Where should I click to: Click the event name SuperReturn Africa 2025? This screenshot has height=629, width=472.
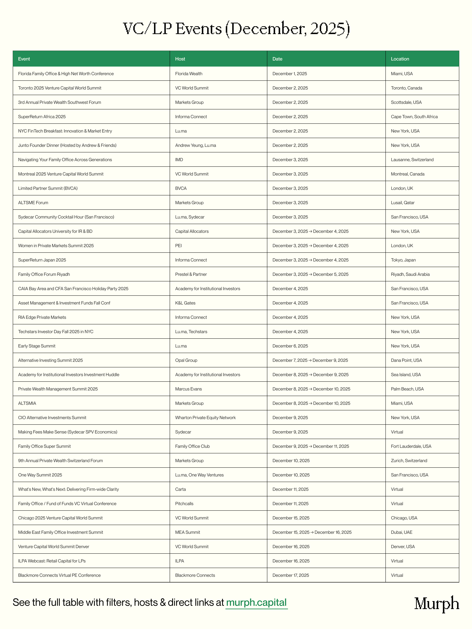pos(42,117)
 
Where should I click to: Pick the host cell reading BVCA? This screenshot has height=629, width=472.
pos(181,188)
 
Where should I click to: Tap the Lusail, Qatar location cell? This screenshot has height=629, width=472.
pos(403,202)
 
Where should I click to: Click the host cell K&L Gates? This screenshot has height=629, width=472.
pos(185,303)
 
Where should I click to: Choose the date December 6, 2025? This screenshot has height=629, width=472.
pos(290,346)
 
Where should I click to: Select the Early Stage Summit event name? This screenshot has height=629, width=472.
pos(37,346)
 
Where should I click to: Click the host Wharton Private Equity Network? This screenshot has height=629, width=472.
pos(205,417)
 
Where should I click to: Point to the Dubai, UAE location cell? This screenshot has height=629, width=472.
pos(401,532)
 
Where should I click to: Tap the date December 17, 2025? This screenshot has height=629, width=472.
pos(291,575)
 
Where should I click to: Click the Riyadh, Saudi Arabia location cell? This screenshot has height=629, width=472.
pos(410,274)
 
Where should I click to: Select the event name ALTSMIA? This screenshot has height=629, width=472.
pos(27,403)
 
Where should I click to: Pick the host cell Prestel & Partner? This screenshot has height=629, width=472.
pos(191,274)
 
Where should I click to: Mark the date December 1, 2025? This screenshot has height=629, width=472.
pos(289,74)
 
